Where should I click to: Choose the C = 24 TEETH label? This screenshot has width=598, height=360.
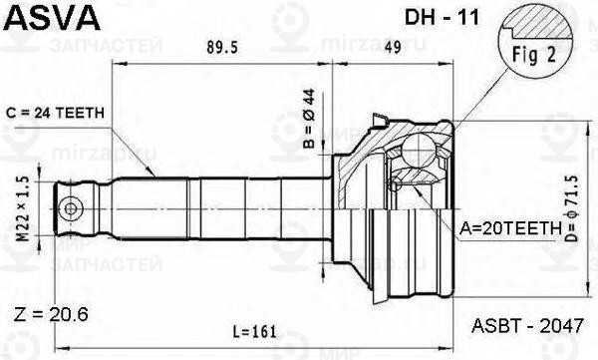coord(56,113)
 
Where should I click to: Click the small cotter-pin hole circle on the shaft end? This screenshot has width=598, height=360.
coord(71,208)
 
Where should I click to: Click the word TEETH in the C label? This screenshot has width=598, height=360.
coord(82,113)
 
